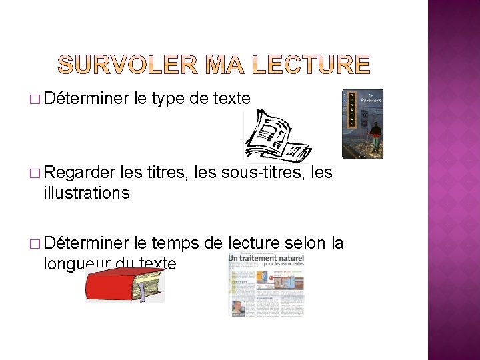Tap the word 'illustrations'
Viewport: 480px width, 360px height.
pos(86,193)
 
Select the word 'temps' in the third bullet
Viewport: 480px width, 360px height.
pos(175,243)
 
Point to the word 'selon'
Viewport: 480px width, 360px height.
pos(305,243)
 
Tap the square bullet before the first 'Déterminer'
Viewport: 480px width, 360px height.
pos(34,100)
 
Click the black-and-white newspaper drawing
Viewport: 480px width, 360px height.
pos(275,137)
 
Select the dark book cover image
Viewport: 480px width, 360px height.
pos(363,123)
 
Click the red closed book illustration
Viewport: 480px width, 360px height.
pos(124,287)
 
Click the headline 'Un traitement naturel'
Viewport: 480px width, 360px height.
pos(266,258)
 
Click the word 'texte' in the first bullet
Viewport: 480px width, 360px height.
pos(231,99)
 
